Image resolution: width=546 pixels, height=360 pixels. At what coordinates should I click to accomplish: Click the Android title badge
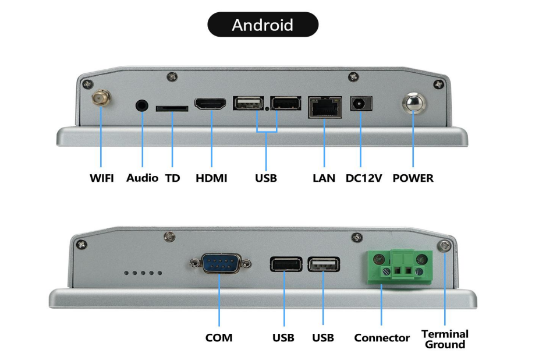pyautogui.click(x=263, y=25)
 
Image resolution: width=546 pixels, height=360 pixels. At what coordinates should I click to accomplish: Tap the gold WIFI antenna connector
pyautogui.click(x=100, y=97)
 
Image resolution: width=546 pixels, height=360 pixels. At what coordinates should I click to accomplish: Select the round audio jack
pyautogui.click(x=142, y=105)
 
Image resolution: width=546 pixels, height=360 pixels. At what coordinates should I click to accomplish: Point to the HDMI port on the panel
pyautogui.click(x=211, y=105)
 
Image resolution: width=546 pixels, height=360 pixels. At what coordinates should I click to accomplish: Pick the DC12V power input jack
pyautogui.click(x=361, y=104)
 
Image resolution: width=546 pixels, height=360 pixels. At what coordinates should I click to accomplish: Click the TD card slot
pyautogui.click(x=172, y=108)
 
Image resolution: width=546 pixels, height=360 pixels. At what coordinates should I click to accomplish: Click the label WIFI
pyautogui.click(x=102, y=178)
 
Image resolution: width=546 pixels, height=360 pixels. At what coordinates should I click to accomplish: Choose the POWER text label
pyautogui.click(x=413, y=178)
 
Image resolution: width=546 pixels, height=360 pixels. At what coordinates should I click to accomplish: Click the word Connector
pyautogui.click(x=382, y=338)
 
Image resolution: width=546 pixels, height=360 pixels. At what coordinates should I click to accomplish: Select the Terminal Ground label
pyautogui.click(x=445, y=339)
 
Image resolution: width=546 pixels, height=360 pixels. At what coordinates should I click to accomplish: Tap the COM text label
pyautogui.click(x=219, y=338)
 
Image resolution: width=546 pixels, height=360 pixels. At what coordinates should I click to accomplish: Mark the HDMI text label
pyautogui.click(x=211, y=178)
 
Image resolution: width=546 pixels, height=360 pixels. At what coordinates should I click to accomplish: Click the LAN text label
pyautogui.click(x=324, y=178)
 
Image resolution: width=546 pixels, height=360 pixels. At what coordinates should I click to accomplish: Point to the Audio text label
pyautogui.click(x=142, y=178)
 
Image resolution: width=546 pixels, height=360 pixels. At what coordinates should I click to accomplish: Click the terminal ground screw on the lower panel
pyautogui.click(x=445, y=247)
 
